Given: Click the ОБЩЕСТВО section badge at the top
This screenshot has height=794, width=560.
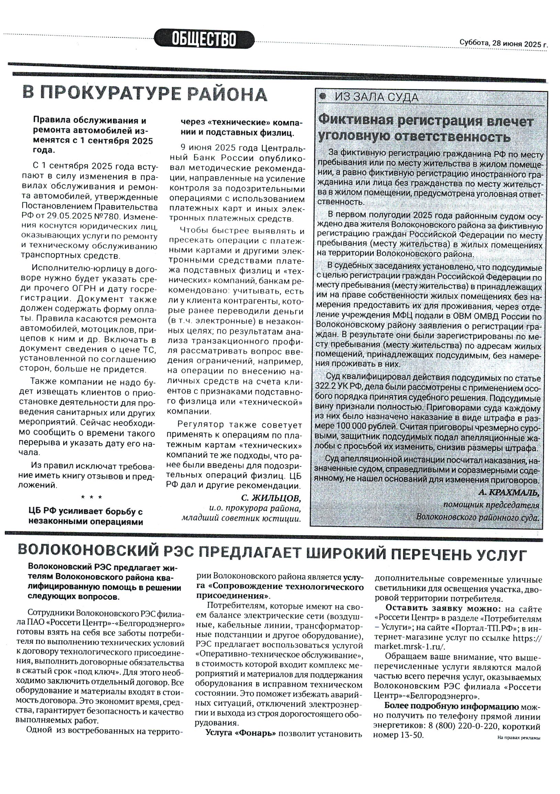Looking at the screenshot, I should click(x=204, y=38).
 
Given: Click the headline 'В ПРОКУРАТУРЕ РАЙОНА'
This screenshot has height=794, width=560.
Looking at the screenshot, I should click(x=145, y=94).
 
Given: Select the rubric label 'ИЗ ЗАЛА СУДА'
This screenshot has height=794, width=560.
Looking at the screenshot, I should click(x=377, y=98).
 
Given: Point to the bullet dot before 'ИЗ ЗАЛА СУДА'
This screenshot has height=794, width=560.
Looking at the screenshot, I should click(x=322, y=97).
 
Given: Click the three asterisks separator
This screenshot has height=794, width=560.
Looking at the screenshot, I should click(x=91, y=497).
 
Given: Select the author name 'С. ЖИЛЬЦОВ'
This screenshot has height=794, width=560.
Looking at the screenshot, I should click(x=271, y=498).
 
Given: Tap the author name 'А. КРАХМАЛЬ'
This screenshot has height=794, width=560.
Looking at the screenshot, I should click(x=508, y=493).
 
